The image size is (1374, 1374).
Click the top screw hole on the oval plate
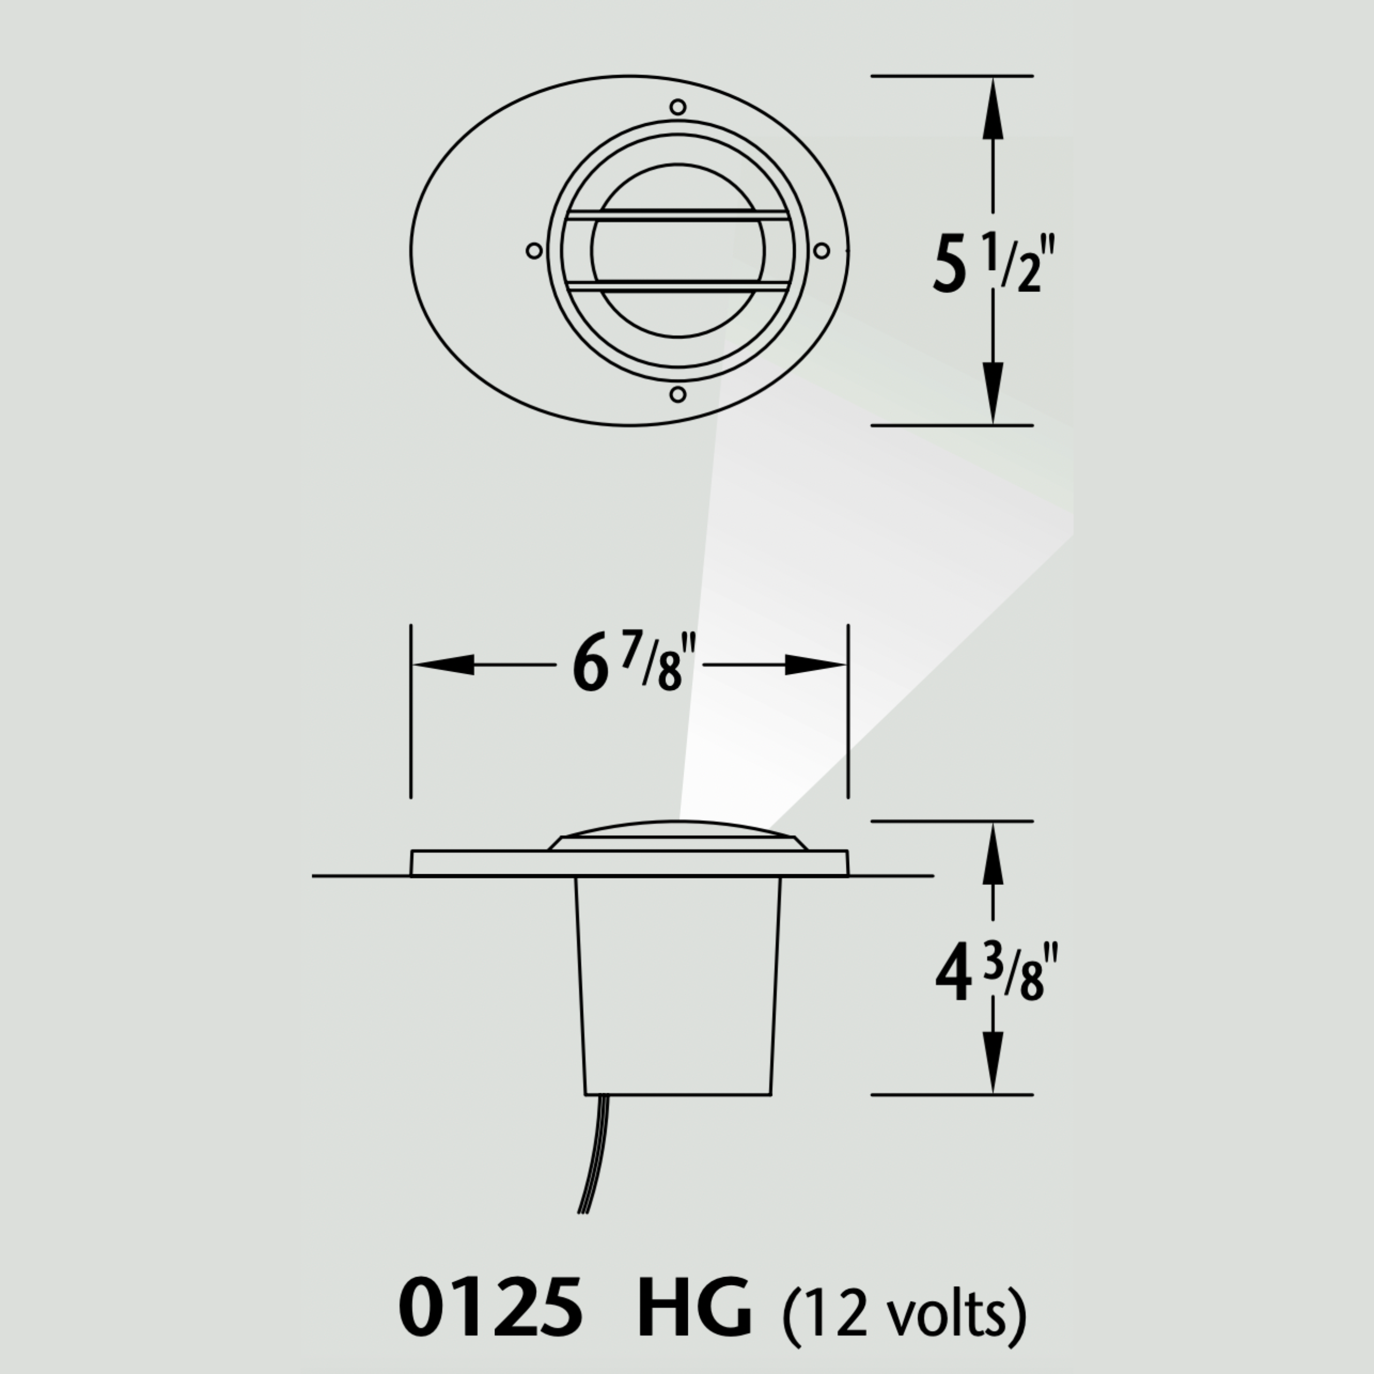pos(678,107)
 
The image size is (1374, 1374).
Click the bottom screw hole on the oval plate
pos(678,394)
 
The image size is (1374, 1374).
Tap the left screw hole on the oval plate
pos(534,250)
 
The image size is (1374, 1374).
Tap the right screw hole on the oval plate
pos(821,250)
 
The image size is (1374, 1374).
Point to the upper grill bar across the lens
pos(678,215)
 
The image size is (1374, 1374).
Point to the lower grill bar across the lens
pos(678,287)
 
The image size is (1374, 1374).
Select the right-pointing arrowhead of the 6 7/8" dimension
pos(815,664)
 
